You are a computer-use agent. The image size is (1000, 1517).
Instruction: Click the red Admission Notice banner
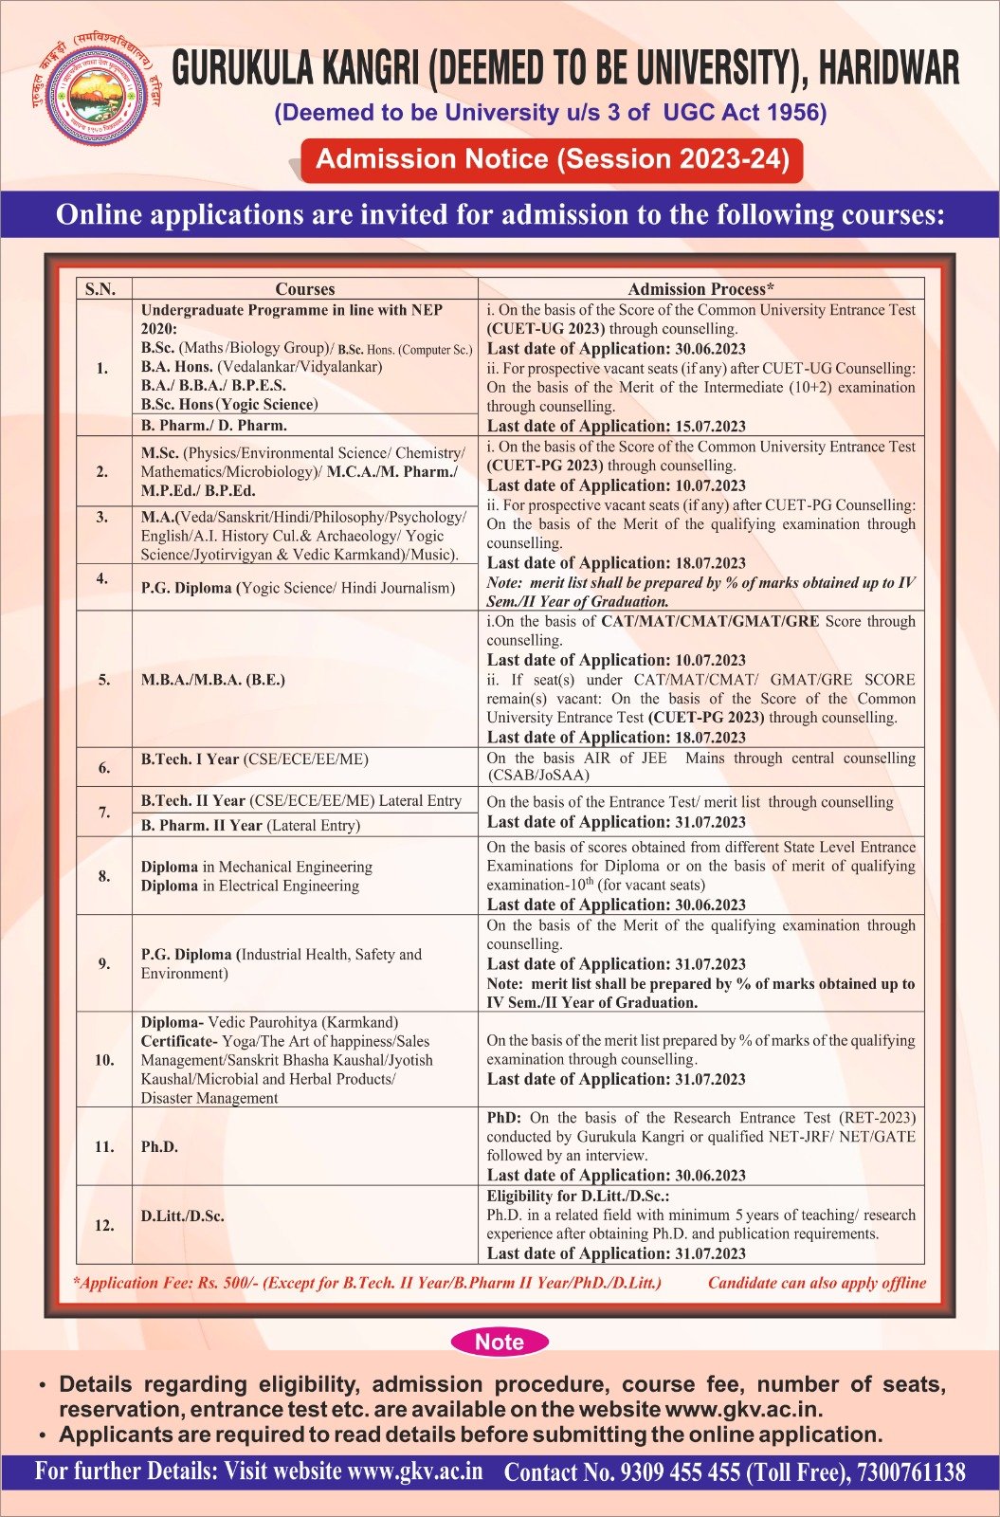click(552, 159)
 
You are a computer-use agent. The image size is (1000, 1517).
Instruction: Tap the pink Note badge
click(500, 1342)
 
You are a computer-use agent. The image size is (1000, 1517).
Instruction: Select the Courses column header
click(304, 289)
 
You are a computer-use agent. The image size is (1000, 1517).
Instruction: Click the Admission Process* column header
click(700, 289)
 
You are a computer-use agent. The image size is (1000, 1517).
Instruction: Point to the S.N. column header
click(100, 289)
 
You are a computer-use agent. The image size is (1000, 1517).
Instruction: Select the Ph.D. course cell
click(157, 1146)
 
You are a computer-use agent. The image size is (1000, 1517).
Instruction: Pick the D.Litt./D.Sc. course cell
click(183, 1215)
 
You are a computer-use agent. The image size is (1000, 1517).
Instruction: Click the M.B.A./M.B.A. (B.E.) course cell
click(212, 680)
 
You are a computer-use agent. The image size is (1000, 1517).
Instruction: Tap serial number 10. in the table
click(104, 1059)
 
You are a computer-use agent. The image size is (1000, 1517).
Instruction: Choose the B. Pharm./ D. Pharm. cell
click(214, 426)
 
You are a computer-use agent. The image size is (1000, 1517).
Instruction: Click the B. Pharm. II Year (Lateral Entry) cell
click(250, 826)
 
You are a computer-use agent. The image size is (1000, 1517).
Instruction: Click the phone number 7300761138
click(911, 1472)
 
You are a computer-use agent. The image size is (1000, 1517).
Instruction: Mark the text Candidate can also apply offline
click(817, 1283)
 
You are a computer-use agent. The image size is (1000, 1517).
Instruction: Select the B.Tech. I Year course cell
click(255, 759)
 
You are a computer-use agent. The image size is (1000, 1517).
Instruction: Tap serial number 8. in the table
click(104, 876)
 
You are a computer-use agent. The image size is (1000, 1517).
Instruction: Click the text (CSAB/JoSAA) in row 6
click(538, 776)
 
